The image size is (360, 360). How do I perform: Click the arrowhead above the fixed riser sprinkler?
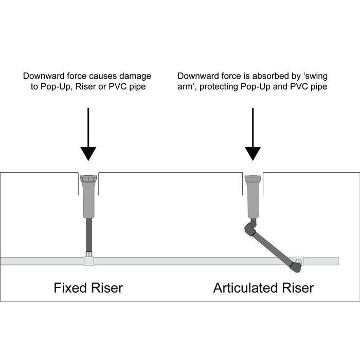click(88, 153)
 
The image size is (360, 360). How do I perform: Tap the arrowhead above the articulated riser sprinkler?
click(253, 153)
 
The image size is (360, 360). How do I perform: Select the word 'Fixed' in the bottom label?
click(69, 287)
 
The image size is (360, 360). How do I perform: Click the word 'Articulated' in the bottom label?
click(245, 287)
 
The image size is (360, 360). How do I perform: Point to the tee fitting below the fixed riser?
click(88, 261)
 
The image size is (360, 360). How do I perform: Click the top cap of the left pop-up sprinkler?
click(88, 179)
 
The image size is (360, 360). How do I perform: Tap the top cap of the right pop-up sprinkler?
click(253, 179)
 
